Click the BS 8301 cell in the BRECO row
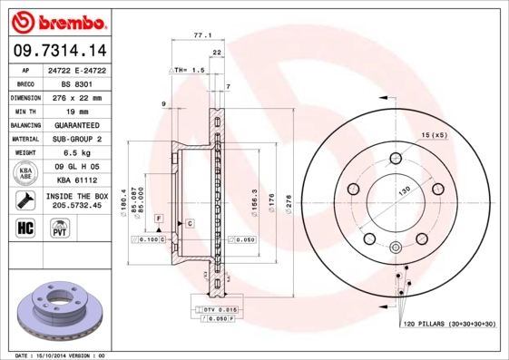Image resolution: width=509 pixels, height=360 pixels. point(75,83)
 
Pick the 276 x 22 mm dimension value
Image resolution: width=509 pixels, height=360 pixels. point(75,97)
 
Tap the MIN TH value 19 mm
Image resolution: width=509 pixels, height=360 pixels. point(75,111)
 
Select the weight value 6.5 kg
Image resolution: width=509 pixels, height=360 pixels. point(75,153)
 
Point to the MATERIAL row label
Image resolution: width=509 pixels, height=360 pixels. point(24,139)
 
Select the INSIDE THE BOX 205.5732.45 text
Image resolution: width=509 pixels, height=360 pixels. point(75,200)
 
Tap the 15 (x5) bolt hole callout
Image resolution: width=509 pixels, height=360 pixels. point(433,135)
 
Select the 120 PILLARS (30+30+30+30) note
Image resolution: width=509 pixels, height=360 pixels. point(448,324)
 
